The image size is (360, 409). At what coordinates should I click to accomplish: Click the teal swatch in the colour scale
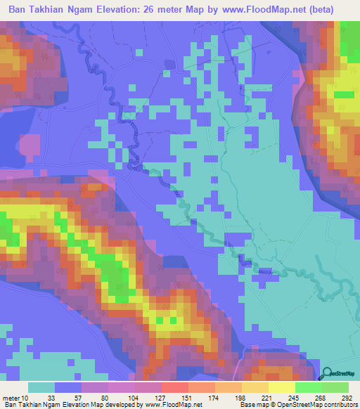[x=41, y=387]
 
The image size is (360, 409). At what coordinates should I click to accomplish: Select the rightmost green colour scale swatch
[x=335, y=387]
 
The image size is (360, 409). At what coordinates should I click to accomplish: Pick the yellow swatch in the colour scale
[x=282, y=387]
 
